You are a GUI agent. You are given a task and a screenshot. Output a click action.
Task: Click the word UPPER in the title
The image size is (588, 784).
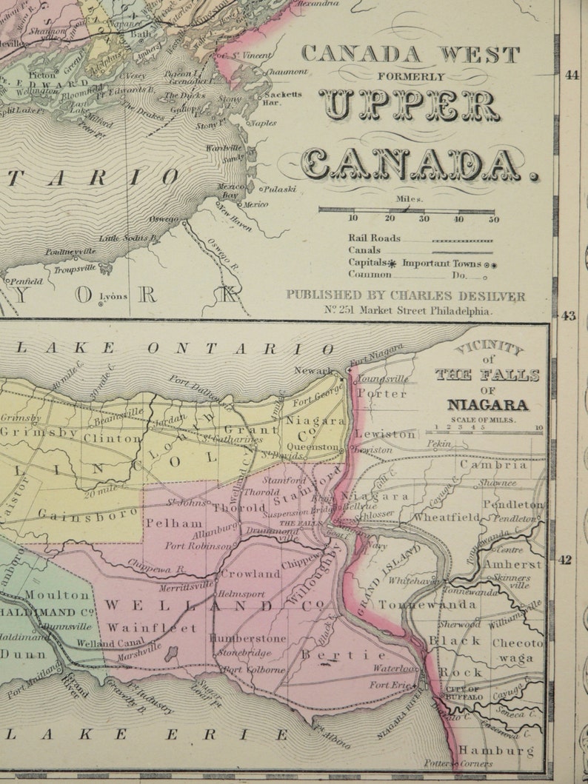point(410,106)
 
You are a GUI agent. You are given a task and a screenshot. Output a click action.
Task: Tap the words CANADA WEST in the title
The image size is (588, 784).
point(410,55)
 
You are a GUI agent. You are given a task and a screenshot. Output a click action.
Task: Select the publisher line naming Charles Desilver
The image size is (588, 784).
point(406,296)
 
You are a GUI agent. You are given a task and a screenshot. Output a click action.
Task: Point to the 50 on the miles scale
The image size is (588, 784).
point(493,219)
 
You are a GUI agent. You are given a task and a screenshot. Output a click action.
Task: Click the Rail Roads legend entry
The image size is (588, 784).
point(375,238)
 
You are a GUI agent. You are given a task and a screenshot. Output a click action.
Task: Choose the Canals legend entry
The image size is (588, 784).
point(364,250)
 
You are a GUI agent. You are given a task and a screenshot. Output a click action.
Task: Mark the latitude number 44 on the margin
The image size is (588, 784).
point(571,75)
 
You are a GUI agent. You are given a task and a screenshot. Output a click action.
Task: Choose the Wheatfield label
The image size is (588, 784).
point(447,517)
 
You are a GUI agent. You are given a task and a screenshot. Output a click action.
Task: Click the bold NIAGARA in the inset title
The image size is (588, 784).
point(487,405)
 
